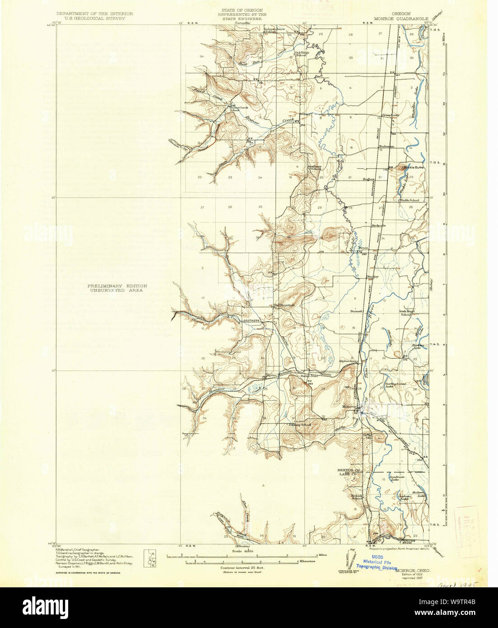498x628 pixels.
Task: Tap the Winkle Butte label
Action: coord(414,168)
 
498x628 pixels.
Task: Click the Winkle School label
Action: coord(409,200)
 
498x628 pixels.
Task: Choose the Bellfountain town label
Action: coord(284,305)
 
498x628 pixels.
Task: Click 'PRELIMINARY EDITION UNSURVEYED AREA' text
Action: coord(118,288)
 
